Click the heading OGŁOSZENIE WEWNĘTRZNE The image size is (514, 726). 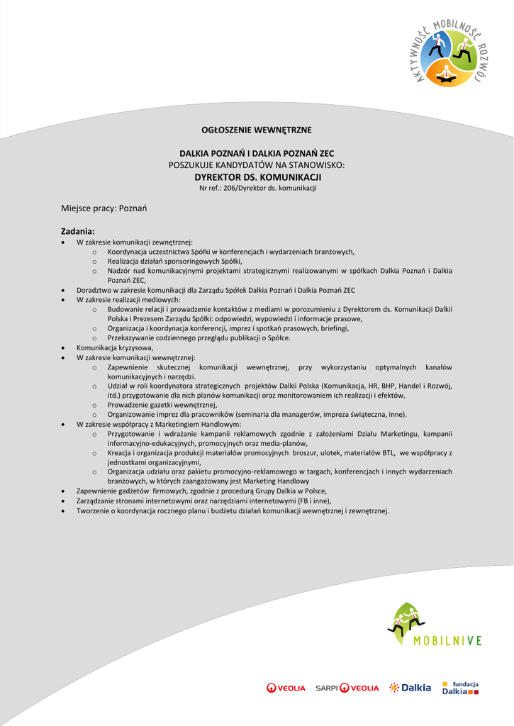257,130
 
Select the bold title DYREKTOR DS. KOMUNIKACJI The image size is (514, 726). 258,177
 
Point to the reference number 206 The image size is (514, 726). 228,188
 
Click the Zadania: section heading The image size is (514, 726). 77,231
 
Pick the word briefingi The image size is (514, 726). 335,328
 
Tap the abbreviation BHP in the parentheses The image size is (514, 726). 390,386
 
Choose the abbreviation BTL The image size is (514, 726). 386,452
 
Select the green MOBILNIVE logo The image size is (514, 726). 433,625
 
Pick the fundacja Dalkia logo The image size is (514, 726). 461,687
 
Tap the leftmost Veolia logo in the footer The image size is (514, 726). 286,688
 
